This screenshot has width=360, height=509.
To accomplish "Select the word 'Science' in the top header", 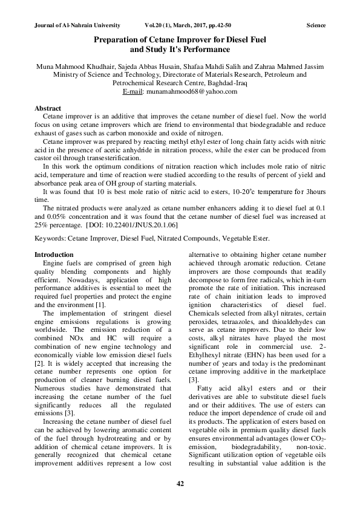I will [x=316, y=26].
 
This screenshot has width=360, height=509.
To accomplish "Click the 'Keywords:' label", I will [x=50, y=239].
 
